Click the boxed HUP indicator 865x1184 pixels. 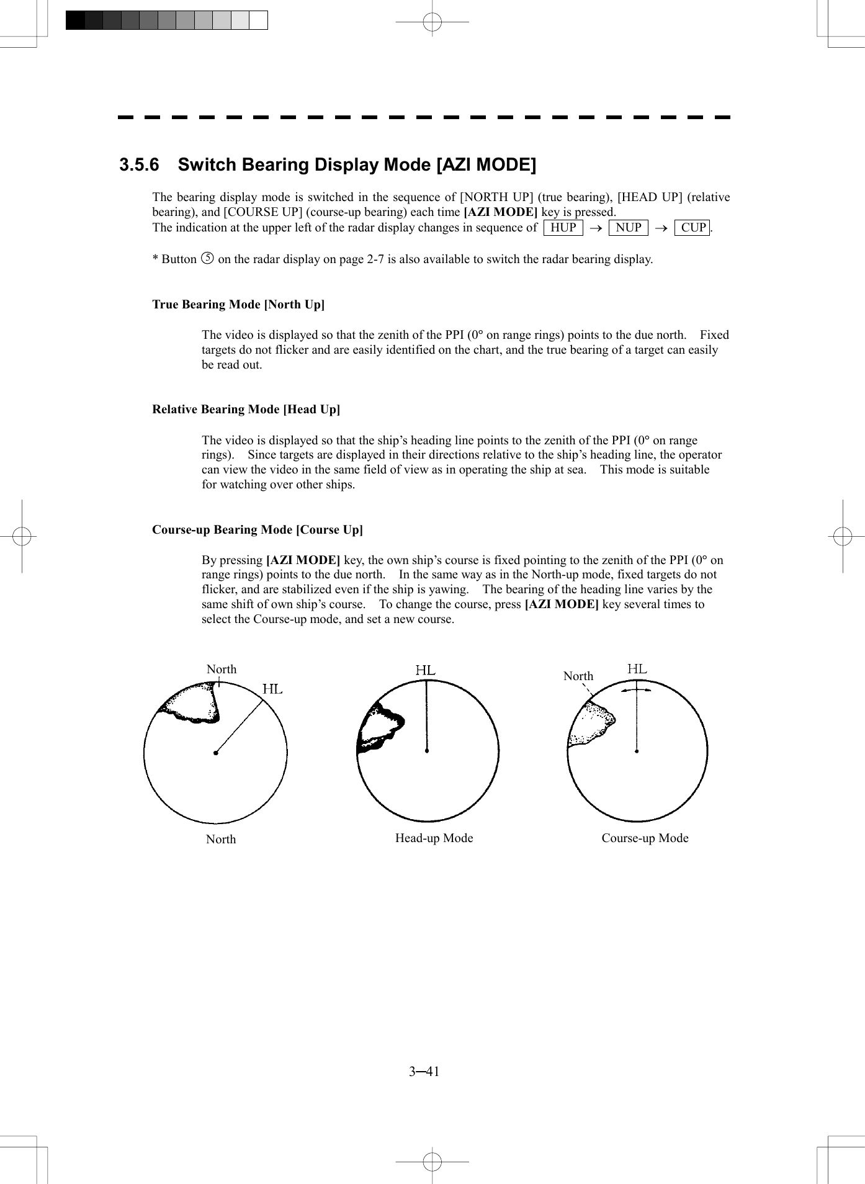pos(563,228)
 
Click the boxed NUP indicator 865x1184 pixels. pos(628,228)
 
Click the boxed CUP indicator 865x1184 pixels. pos(692,228)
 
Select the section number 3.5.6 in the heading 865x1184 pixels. pos(139,165)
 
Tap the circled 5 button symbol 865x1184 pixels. pos(208,258)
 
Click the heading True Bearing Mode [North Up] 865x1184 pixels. pos(238,305)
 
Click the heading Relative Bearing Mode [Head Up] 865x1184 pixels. pos(246,410)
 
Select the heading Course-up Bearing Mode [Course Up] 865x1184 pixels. pos(258,530)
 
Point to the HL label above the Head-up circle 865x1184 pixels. pos(426,671)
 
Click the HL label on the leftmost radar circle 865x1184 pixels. pos(272,689)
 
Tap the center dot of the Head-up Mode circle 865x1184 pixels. pos(427,751)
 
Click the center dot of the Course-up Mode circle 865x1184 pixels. pos(637,751)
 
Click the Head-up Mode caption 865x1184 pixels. pos(434,838)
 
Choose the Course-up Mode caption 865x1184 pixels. pos(645,838)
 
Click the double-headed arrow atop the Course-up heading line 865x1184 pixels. pos(637,689)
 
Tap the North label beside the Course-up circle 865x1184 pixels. pos(578,676)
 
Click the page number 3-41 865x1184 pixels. pos(424,1072)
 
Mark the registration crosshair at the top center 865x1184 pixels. pos(432,22)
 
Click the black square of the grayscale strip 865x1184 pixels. pos(75,20)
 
